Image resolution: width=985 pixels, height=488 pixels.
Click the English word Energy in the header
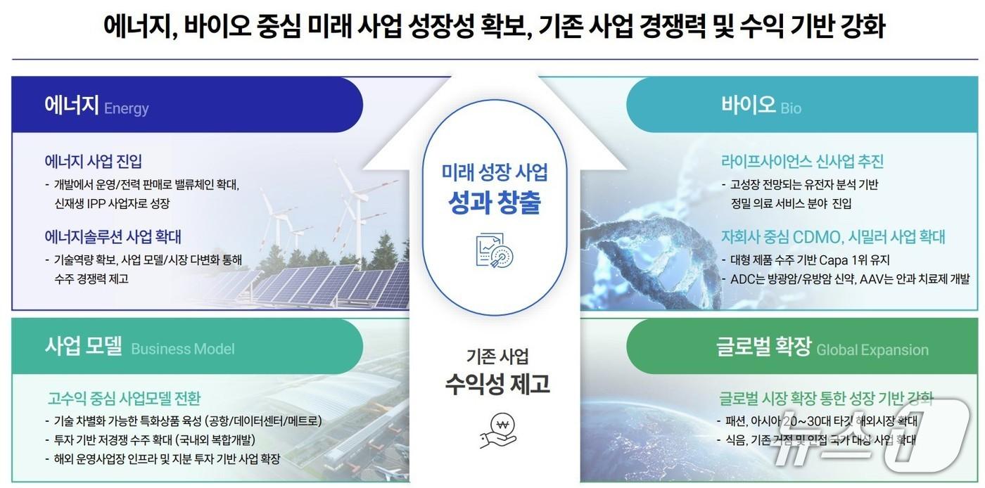(127, 108)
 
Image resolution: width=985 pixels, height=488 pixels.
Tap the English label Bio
(791, 108)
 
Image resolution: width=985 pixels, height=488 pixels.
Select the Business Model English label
(183, 349)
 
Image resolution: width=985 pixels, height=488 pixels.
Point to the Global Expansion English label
(872, 350)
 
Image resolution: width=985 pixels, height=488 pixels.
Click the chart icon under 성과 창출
(495, 250)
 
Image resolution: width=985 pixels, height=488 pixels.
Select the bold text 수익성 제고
(497, 383)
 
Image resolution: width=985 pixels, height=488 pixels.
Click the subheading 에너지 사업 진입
(93, 161)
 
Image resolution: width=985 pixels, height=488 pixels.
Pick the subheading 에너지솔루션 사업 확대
(113, 236)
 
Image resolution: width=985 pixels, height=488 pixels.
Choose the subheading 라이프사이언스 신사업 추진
(802, 161)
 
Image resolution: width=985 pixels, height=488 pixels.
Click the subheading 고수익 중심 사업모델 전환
(124, 399)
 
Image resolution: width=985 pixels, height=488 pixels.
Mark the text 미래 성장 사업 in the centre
(495, 172)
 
